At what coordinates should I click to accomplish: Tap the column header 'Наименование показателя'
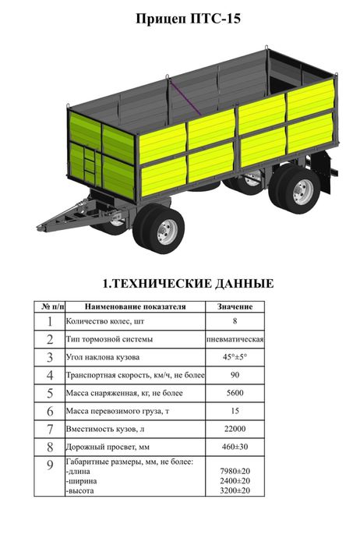[135, 306]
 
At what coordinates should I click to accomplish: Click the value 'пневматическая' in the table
[235, 339]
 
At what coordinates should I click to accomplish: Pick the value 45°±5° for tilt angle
[235, 357]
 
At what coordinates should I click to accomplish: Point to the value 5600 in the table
[235, 393]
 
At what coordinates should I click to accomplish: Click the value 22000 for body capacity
[235, 429]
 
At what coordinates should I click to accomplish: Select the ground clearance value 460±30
[235, 447]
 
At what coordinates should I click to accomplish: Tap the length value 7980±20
[235, 472]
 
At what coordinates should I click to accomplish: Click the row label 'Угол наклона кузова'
[104, 357]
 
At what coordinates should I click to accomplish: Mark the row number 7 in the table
[49, 429]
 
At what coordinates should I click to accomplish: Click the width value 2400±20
[235, 481]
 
